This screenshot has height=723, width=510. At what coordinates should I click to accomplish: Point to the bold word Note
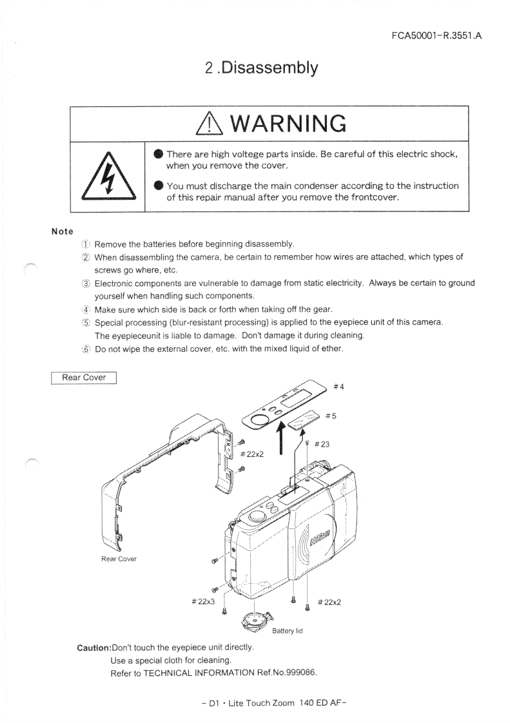63,231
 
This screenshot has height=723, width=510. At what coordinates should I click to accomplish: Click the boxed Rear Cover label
84,377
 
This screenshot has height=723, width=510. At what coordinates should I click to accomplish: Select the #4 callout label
338,387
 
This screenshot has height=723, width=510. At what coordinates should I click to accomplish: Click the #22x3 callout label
203,602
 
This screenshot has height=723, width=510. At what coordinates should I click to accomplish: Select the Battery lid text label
288,631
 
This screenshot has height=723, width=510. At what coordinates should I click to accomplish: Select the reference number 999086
296,673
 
